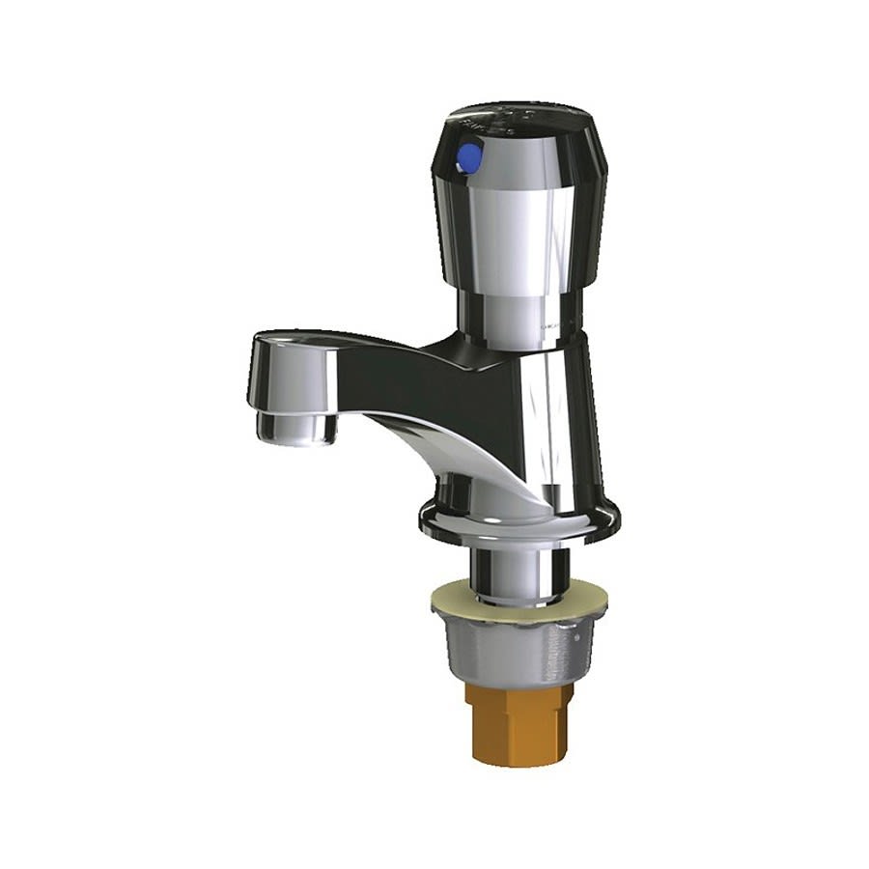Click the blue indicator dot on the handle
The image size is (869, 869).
(470, 156)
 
